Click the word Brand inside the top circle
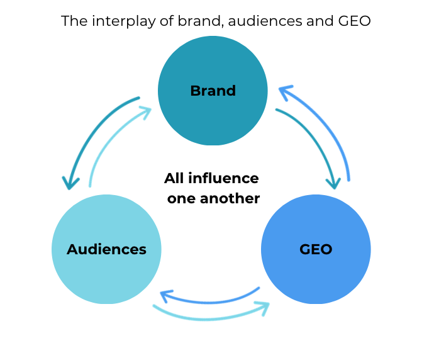tap(213, 91)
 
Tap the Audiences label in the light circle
tap(106, 249)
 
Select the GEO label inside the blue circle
tap(316, 249)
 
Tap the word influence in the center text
tap(223, 178)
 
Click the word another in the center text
tap(230, 198)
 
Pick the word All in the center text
tap(174, 178)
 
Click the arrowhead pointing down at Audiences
tap(70, 182)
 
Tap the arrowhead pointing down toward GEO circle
tap(333, 182)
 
